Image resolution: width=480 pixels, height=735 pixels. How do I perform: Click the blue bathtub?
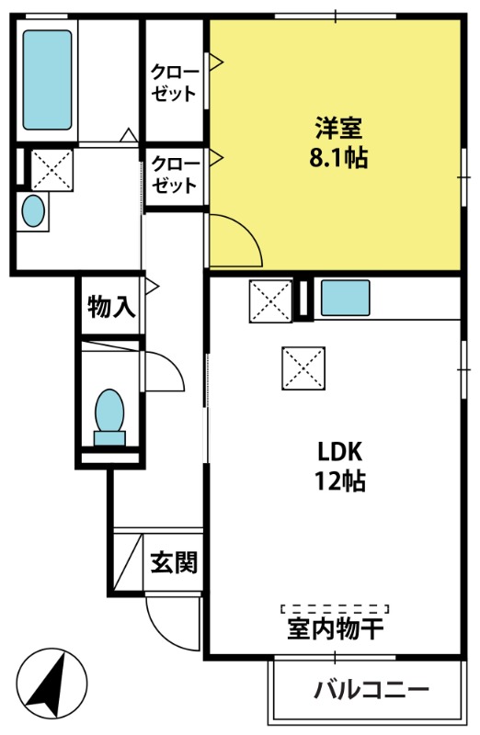[x=48, y=80]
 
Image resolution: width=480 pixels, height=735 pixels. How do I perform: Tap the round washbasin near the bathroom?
[x=33, y=211]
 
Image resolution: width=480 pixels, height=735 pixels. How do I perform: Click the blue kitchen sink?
[x=346, y=298]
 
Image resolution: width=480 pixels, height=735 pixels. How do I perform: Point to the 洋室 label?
[x=338, y=129]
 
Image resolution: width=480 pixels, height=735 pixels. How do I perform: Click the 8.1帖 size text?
[x=338, y=157]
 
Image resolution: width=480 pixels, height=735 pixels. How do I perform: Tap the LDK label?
[x=340, y=452]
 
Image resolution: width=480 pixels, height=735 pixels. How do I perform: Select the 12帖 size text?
[x=340, y=481]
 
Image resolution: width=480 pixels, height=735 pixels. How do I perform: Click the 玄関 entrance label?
[x=174, y=562]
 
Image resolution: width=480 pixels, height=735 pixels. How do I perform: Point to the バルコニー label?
[x=371, y=690]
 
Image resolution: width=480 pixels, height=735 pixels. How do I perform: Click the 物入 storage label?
[x=111, y=307]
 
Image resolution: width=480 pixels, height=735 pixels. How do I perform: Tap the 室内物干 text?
[x=336, y=628]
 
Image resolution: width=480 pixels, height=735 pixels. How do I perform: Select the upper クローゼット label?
[x=174, y=83]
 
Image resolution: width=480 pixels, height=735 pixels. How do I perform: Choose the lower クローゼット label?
[x=174, y=175]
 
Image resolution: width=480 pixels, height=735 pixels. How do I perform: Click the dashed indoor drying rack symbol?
[x=335, y=609]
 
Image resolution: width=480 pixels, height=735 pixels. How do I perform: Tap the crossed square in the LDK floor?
[x=303, y=368]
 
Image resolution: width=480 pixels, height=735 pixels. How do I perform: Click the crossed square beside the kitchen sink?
[x=270, y=301]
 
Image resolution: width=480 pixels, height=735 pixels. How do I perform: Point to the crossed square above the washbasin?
[x=51, y=170]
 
